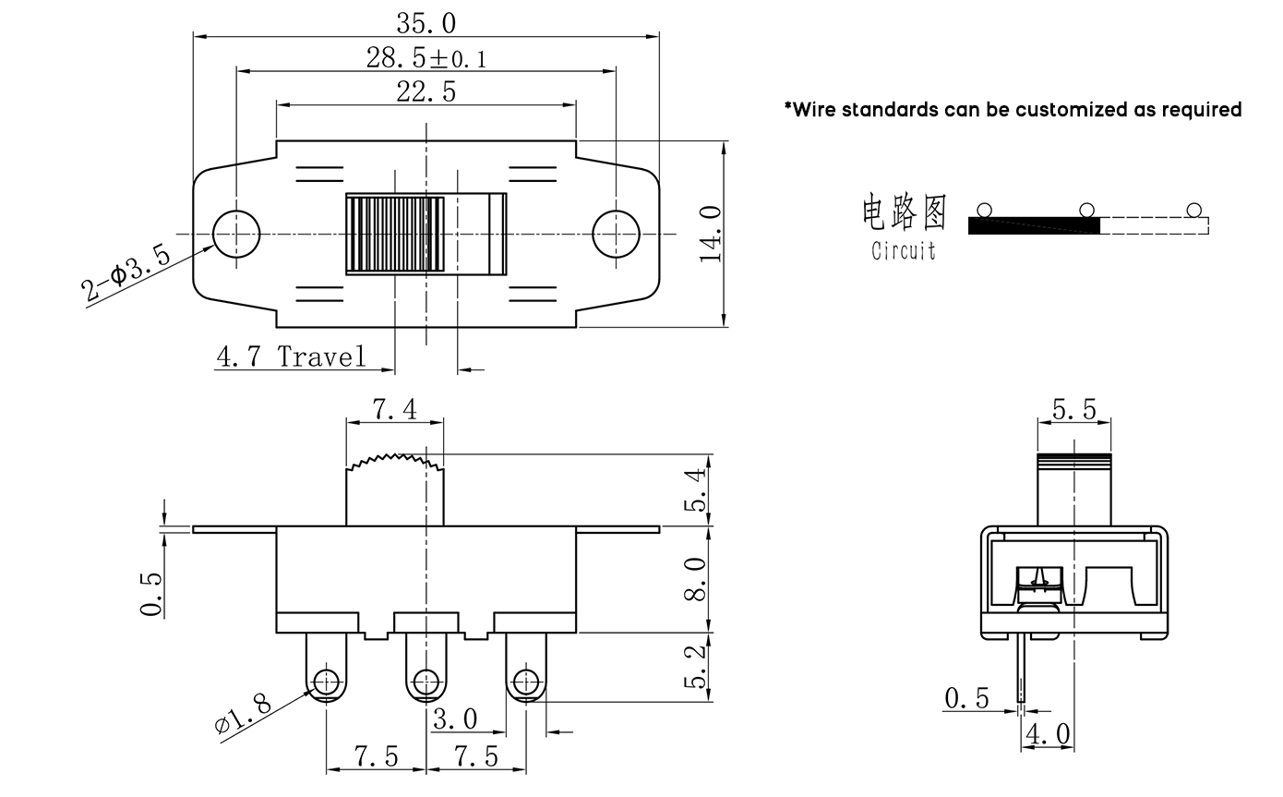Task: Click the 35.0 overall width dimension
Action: point(426,22)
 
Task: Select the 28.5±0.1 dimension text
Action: point(426,59)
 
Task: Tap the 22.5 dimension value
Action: point(426,91)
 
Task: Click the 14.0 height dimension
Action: point(712,234)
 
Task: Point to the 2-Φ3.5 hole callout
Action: point(126,274)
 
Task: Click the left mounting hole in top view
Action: point(235,233)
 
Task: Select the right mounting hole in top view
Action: point(616,233)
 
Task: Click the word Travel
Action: point(321,356)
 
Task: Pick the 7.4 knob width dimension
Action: point(394,410)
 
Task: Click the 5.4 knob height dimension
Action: point(697,489)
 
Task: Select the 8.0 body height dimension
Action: point(697,579)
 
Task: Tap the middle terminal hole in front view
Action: point(426,682)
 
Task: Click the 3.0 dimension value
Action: point(456,719)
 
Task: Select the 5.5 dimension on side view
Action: point(1073,409)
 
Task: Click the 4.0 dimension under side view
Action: point(1049,735)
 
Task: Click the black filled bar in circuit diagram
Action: point(1034,224)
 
